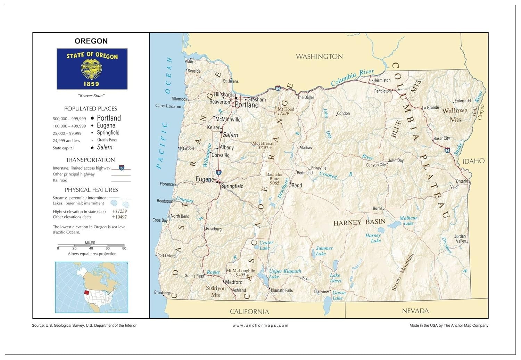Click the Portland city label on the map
coord(247,105)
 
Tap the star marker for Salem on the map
coord(221,132)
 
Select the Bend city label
coord(297,186)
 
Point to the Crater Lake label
coord(266,245)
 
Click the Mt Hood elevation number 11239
coord(283,113)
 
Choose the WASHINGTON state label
coord(319,56)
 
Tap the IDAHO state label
coord(473,161)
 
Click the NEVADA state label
coord(415,311)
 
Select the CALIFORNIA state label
coord(249,311)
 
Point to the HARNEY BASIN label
coord(359,222)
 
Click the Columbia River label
coord(352,77)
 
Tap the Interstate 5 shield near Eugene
coord(218,172)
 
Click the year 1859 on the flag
coord(91,84)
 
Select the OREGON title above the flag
coord(91,41)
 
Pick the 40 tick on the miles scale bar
coord(91,248)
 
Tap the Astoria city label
coord(191,62)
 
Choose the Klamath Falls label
coord(282,291)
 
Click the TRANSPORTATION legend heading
coord(90,160)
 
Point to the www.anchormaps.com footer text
coord(260,326)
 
